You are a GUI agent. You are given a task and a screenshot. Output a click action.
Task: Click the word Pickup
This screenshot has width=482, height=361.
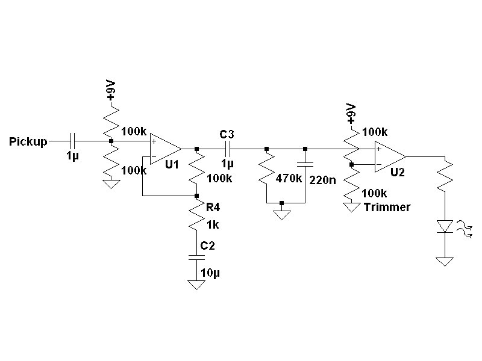click(29, 142)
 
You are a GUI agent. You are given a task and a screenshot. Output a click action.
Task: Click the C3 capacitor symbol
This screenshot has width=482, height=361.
click(228, 148)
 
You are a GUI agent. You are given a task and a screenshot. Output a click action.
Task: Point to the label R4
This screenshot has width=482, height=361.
click(213, 208)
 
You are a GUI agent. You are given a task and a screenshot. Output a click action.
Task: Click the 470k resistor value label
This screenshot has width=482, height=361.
click(289, 179)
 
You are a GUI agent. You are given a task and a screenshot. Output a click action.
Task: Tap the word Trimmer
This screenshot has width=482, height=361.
click(387, 207)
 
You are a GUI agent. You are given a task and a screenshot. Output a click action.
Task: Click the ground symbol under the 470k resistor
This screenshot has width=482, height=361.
click(281, 214)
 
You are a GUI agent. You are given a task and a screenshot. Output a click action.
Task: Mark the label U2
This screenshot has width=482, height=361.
click(397, 172)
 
